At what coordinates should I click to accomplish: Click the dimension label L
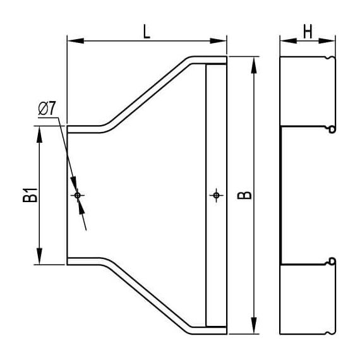(x=147, y=32)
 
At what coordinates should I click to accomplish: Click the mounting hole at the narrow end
(x=78, y=195)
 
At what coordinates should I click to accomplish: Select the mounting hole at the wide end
(x=216, y=195)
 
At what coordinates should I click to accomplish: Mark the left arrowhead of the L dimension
(x=72, y=42)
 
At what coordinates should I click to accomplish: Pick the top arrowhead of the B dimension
(x=254, y=63)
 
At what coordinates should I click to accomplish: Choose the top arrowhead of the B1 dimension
(x=40, y=131)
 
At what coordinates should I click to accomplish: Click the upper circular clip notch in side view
(x=330, y=130)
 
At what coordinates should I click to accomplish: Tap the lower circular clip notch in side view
(x=330, y=260)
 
